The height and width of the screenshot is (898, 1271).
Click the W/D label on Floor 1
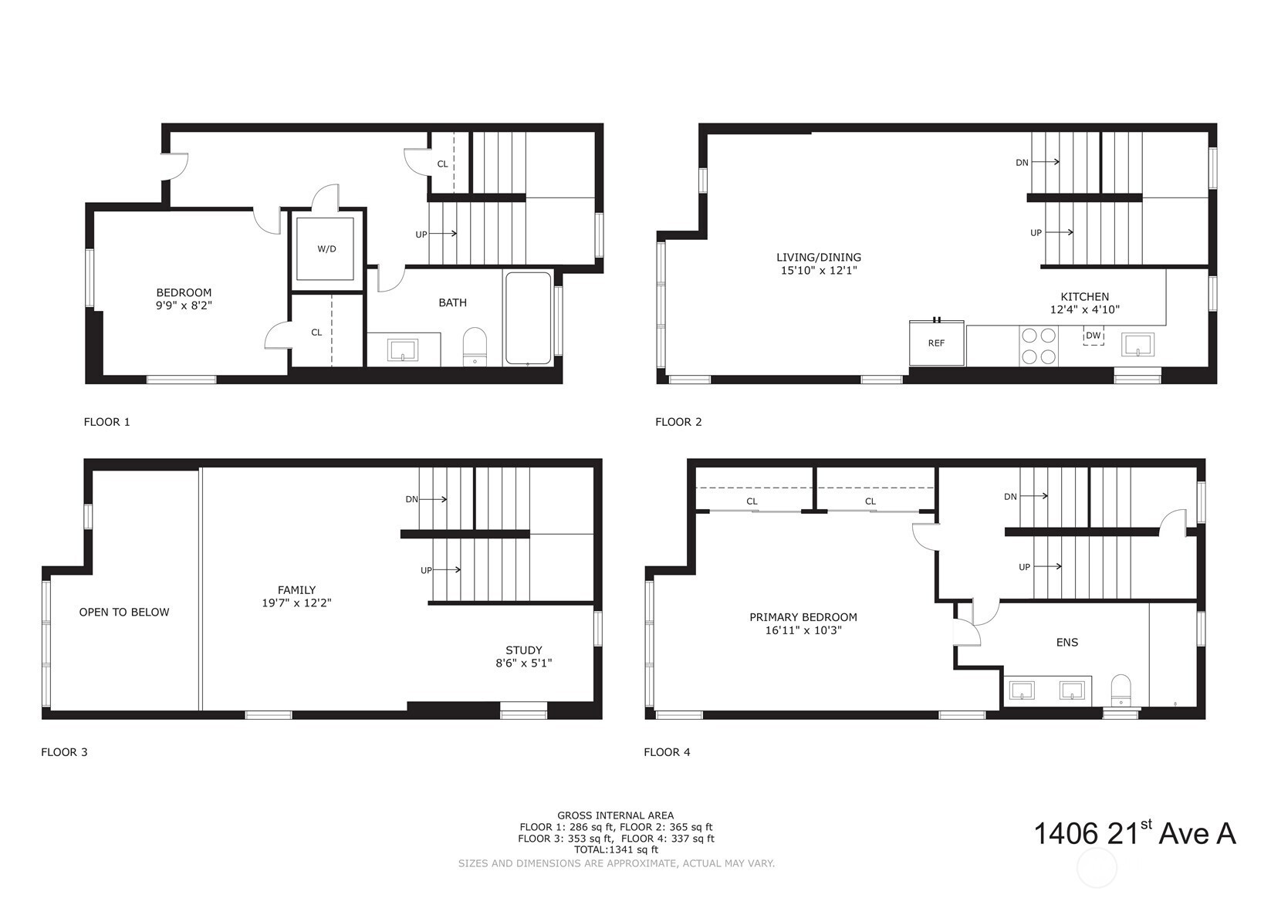(326, 249)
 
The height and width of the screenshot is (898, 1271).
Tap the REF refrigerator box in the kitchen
(936, 343)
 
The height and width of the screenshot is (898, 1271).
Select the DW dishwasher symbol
(1094, 336)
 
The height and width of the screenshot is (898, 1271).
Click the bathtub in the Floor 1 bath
(529, 318)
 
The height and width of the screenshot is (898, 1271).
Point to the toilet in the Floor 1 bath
(475, 346)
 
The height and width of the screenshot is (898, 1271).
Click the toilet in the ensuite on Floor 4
(1121, 690)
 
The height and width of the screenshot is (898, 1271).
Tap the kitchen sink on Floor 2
(1137, 345)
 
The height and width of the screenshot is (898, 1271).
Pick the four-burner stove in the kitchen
(1039, 346)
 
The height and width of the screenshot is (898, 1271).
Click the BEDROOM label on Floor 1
(184, 292)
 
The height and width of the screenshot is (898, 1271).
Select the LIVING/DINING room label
(819, 258)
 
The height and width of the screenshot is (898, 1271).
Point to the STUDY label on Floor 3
(524, 650)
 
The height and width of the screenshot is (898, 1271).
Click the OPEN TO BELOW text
(124, 612)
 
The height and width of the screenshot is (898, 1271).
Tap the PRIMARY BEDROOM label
(803, 617)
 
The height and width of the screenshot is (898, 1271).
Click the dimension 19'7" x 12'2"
(296, 603)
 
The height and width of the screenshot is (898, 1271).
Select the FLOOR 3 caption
(64, 752)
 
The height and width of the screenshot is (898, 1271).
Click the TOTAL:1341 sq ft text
(617, 849)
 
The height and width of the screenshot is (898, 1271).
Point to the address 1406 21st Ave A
(1134, 833)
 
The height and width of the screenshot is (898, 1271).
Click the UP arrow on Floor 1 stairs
(443, 233)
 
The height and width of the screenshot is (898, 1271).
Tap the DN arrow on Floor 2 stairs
(1045, 162)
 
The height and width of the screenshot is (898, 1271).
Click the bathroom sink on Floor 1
(403, 350)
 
